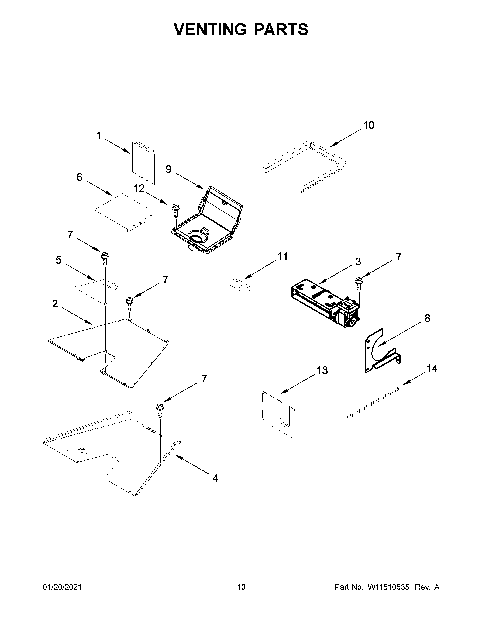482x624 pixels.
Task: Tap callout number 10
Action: click(x=368, y=125)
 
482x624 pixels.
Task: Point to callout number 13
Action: click(x=322, y=371)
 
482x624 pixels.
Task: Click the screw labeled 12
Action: click(x=175, y=211)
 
